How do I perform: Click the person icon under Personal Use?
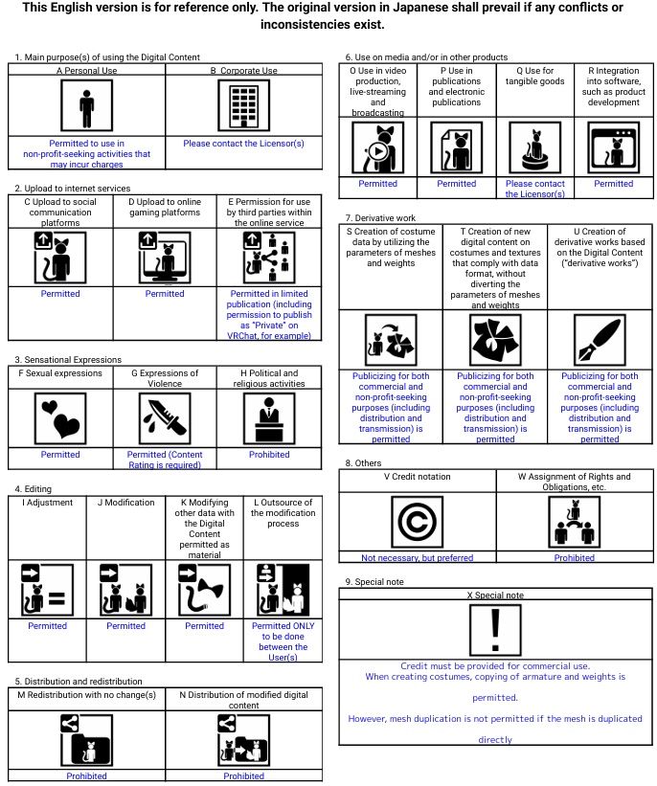[x=87, y=105]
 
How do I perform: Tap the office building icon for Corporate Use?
[x=244, y=105]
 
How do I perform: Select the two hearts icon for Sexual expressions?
[x=60, y=418]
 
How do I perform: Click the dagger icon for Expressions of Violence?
[x=165, y=418]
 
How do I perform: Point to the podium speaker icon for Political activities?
[x=269, y=418]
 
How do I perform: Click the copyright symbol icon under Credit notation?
[x=418, y=522]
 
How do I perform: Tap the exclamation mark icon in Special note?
[x=495, y=630]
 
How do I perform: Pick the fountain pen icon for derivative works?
[x=600, y=340]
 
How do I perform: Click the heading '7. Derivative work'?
[x=380, y=218]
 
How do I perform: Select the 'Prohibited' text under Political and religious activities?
[x=269, y=455]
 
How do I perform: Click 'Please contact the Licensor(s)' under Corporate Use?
[x=244, y=144]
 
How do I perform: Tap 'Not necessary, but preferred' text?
[x=418, y=558]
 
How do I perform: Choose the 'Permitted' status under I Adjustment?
[x=48, y=626]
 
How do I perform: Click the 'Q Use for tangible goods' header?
[x=535, y=77]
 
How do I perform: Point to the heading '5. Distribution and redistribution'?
[x=79, y=682]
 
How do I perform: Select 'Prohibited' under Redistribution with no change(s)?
[x=87, y=776]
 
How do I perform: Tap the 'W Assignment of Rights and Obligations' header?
[x=575, y=482]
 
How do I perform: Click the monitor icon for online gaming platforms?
[x=165, y=258]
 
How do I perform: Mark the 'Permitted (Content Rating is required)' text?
[x=165, y=460]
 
